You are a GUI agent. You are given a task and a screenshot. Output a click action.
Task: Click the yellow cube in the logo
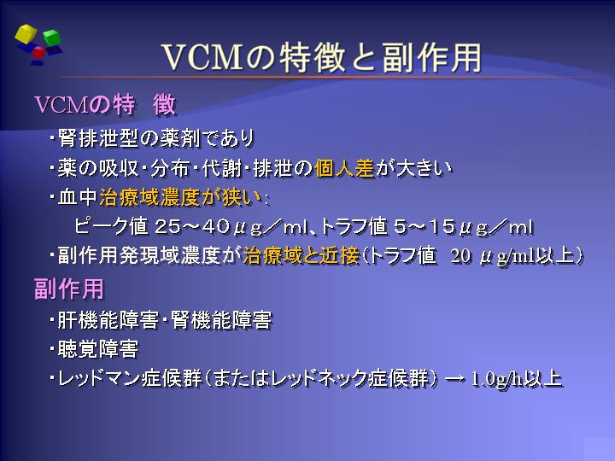coord(26,33)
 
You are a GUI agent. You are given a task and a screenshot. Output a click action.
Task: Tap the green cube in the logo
coord(52,38)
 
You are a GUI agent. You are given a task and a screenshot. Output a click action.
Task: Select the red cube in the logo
coord(38,52)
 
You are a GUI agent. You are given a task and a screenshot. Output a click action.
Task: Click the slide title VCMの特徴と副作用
coord(322,58)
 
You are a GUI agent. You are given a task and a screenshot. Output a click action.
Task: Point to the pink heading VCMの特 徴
coord(105,105)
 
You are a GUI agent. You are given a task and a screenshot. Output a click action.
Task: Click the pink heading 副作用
coord(69,289)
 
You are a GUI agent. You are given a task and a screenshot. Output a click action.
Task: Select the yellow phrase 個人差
coord(345,168)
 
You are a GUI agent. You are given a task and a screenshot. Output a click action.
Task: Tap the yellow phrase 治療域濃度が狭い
coord(180,197)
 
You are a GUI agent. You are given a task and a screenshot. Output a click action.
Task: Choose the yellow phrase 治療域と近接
coord(302,256)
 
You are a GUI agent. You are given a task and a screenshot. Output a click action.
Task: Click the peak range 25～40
coord(192,226)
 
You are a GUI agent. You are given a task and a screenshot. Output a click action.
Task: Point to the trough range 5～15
coord(424,226)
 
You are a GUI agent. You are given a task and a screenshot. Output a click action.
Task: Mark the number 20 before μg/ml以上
coord(460,256)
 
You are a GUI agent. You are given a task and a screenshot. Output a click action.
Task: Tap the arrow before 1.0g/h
coord(454,379)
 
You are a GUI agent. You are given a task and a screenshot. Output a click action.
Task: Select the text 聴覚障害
coord(98,349)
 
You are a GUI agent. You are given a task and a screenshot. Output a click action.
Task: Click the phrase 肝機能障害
coord(108,320)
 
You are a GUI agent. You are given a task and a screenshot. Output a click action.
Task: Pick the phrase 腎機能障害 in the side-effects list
coord(221,320)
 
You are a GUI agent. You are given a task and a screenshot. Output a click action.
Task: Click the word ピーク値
coord(111,226)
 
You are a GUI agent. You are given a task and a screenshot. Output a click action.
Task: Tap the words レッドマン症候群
coord(130,379)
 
